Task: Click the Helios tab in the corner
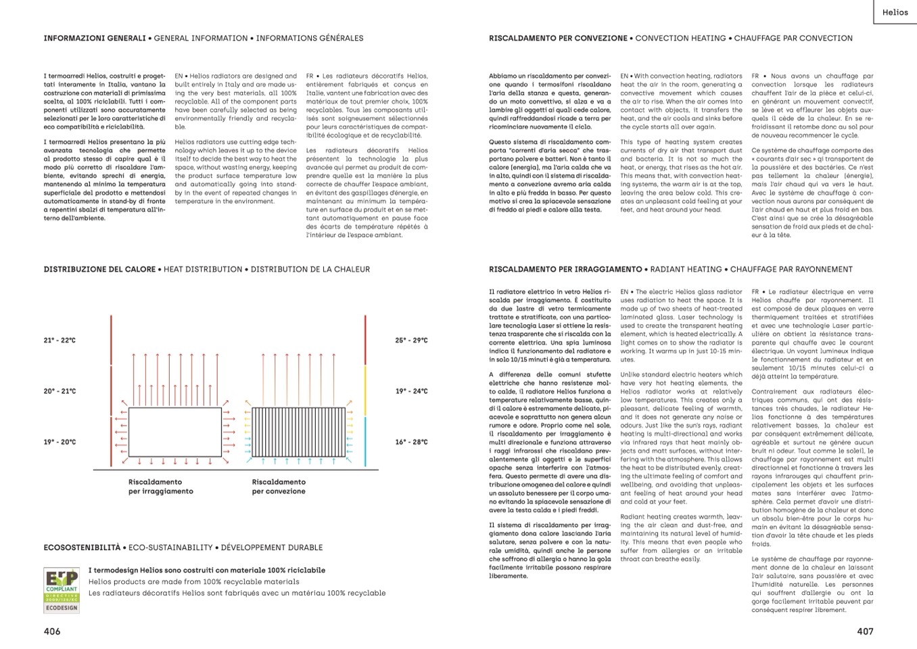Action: [x=895, y=12]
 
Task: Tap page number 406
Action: [x=52, y=631]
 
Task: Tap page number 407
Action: [x=865, y=631]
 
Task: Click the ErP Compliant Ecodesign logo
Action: [x=62, y=591]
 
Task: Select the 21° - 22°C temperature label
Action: [x=60, y=340]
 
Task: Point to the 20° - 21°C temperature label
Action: [x=60, y=391]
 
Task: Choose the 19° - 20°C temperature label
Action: [x=60, y=442]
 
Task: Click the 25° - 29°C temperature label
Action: [x=411, y=340]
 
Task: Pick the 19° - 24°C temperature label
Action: [x=411, y=391]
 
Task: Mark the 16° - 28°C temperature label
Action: [x=411, y=442]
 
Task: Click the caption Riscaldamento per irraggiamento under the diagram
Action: [x=160, y=487]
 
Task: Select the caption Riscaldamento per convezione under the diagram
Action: [x=279, y=487]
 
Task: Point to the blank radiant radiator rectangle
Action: [x=174, y=432]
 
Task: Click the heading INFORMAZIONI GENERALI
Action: [x=95, y=39]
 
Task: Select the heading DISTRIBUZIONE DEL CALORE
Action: [x=99, y=269]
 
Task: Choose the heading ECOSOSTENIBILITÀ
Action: [x=82, y=547]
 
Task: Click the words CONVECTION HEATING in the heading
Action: [x=680, y=39]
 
